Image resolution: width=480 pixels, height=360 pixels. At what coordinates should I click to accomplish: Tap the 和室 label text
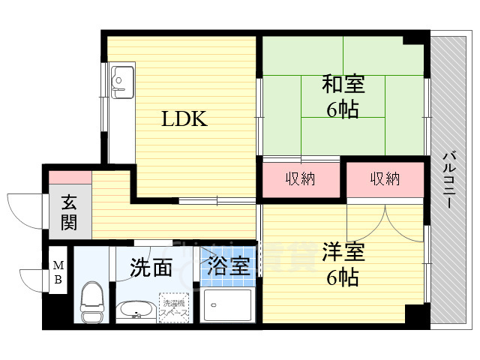(x=342, y=82)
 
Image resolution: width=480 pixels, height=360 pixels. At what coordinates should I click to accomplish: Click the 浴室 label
(x=228, y=266)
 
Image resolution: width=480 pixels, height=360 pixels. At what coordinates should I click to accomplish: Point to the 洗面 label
(x=151, y=267)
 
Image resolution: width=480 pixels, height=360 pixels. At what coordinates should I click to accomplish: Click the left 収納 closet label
(x=299, y=179)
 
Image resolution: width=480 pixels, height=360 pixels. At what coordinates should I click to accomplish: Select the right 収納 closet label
(x=384, y=179)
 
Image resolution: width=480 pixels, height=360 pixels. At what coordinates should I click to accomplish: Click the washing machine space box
(x=174, y=307)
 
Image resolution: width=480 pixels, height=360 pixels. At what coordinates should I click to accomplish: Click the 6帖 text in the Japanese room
(x=342, y=109)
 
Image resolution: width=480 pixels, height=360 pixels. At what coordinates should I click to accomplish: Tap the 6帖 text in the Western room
(x=342, y=277)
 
